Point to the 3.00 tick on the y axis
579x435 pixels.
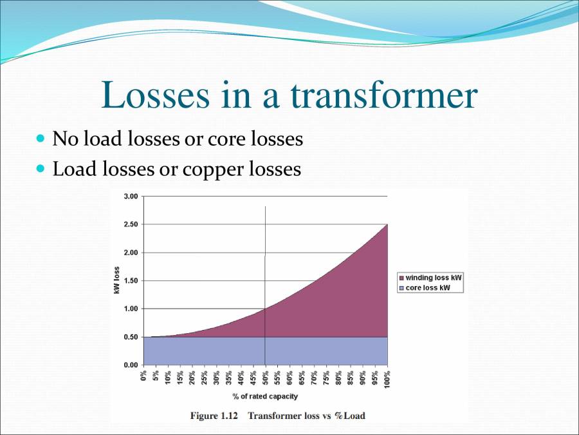click(x=131, y=196)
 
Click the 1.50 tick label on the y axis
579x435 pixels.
click(x=131, y=280)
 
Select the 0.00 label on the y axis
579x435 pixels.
click(x=131, y=365)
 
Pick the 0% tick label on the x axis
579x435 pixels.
click(x=143, y=374)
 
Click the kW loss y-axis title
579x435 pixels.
click(x=117, y=280)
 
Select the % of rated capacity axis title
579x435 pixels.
click(x=265, y=396)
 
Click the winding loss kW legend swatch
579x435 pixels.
click(x=402, y=278)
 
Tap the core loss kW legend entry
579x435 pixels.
click(x=428, y=287)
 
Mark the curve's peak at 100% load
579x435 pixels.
click(x=387, y=224)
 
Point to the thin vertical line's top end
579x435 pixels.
click(x=265, y=207)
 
